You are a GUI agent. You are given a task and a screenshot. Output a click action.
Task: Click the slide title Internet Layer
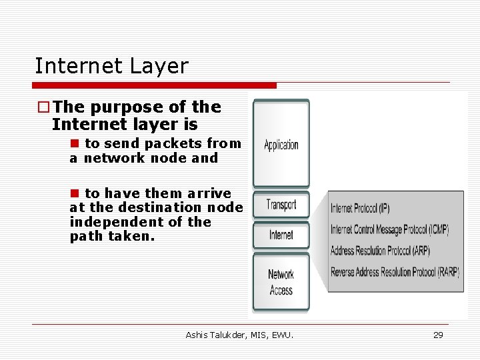pos(111,66)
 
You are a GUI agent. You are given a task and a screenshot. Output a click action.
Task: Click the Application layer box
pos(281,144)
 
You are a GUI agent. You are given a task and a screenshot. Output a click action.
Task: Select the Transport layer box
pos(281,205)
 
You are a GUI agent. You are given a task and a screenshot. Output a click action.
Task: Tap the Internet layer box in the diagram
pos(281,235)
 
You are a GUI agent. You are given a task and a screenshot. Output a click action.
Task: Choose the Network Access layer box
pos(281,282)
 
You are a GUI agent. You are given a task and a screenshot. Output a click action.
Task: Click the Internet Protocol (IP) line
pos(360,208)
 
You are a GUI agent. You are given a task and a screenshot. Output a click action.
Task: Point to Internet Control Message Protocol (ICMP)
pos(390,230)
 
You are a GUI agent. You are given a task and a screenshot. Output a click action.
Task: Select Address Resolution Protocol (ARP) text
pos(380,251)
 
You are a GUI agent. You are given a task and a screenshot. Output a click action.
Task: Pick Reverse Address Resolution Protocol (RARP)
pos(395,272)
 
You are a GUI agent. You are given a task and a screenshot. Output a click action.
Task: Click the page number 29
pos(438,335)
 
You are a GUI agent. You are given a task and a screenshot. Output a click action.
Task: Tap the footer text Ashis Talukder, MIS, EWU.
pos(239,335)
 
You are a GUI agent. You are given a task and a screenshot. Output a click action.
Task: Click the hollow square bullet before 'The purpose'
pos(43,107)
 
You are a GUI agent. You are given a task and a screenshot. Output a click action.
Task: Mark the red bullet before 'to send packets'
pos(75,143)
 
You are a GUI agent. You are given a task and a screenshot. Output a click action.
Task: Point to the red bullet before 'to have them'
pos(75,193)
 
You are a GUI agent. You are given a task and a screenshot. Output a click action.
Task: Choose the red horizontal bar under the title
pos(155,85)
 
